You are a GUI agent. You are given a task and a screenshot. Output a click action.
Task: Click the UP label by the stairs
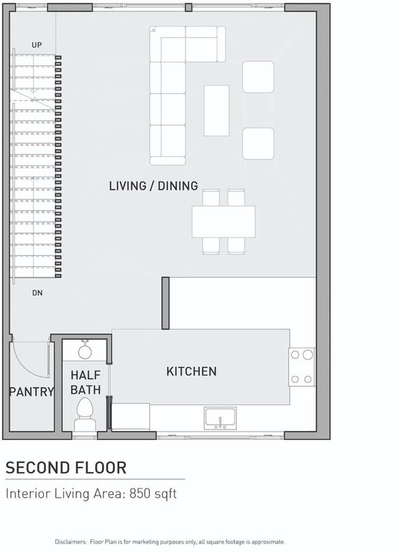(x=37, y=45)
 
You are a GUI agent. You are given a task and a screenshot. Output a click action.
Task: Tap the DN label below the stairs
(x=38, y=293)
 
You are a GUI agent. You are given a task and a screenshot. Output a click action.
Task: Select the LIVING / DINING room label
(x=154, y=186)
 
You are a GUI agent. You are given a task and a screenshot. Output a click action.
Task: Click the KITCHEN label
(x=191, y=371)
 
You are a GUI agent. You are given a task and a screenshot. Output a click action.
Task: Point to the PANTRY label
(x=31, y=392)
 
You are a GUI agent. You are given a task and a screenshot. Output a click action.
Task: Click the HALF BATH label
(x=85, y=382)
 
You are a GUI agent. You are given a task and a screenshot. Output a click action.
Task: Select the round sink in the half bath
(x=85, y=351)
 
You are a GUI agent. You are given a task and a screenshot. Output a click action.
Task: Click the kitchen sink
(x=220, y=418)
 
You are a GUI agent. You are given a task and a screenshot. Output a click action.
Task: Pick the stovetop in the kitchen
(x=301, y=367)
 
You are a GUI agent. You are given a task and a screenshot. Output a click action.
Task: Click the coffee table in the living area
(x=217, y=111)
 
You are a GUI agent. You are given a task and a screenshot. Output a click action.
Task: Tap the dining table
(x=224, y=222)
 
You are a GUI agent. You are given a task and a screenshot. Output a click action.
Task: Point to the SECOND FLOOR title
(x=66, y=468)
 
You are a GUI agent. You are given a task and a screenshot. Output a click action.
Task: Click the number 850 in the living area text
(x=140, y=493)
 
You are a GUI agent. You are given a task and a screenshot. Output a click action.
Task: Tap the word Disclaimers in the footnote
(x=71, y=542)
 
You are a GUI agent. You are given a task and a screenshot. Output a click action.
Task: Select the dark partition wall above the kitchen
(x=165, y=303)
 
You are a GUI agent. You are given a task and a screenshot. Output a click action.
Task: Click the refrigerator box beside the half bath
(x=131, y=416)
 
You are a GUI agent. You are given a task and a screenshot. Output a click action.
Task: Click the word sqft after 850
(x=165, y=494)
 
